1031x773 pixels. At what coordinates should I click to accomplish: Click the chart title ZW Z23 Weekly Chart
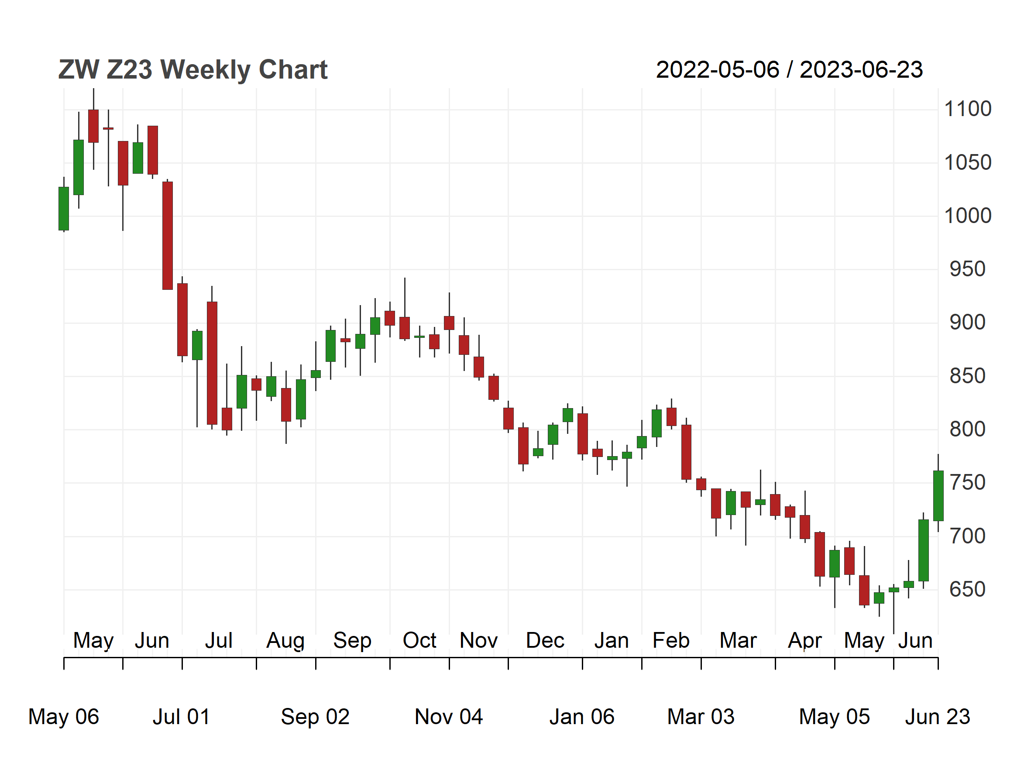[x=192, y=70]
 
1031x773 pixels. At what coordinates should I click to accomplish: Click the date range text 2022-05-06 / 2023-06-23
[x=789, y=70]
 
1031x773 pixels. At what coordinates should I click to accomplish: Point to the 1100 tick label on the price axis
[x=968, y=109]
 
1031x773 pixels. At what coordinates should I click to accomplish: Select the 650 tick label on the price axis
[x=968, y=589]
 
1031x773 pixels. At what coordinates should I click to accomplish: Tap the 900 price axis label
[x=968, y=323]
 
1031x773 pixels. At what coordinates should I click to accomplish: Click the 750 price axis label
[x=968, y=483]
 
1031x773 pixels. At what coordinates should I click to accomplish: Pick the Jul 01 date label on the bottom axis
[x=181, y=717]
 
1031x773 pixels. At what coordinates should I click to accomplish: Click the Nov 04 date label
[x=449, y=717]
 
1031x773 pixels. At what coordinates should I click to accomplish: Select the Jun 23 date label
[x=937, y=717]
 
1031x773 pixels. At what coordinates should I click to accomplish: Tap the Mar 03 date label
[x=701, y=717]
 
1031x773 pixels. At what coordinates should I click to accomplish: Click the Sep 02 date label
[x=315, y=717]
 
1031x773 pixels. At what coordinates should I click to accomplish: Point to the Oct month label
[x=419, y=640]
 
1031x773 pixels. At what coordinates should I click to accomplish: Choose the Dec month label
[x=545, y=640]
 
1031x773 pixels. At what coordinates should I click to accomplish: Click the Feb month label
[x=671, y=640]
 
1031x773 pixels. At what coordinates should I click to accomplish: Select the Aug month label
[x=285, y=641]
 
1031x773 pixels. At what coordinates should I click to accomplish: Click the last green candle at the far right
[x=938, y=496]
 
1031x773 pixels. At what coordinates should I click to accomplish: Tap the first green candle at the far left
[x=64, y=208]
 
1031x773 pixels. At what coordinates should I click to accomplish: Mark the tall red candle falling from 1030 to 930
[x=167, y=235]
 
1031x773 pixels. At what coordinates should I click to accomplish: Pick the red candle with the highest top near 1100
[x=93, y=126]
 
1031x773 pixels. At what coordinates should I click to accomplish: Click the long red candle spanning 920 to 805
[x=212, y=363]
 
